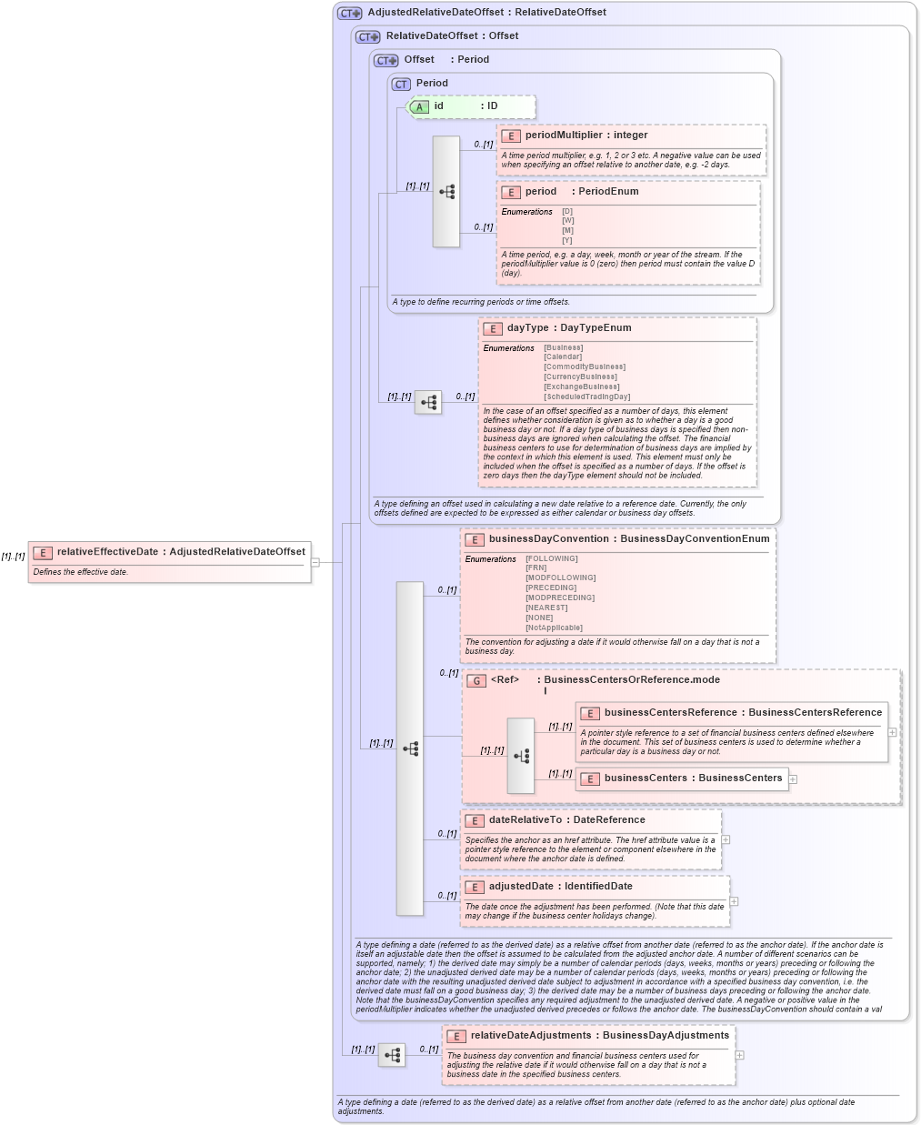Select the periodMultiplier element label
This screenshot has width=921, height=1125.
[563, 136]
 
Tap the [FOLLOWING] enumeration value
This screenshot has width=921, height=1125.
[552, 558]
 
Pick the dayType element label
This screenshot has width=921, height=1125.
[527, 328]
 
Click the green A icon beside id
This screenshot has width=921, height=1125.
[418, 106]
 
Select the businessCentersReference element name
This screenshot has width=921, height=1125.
[670, 713]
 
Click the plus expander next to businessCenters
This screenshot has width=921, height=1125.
[793, 779]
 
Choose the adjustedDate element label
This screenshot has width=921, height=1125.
[521, 887]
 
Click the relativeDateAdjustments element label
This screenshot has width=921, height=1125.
[530, 1036]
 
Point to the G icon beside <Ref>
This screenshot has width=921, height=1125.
[476, 680]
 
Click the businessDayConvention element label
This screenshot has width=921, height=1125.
[548, 539]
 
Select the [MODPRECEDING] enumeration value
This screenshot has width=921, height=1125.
[560, 598]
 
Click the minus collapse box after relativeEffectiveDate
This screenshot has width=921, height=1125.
[315, 562]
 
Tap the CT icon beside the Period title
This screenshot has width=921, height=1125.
[401, 84]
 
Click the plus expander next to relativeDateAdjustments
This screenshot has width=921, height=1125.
[739, 1055]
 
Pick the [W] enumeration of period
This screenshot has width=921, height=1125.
[567, 221]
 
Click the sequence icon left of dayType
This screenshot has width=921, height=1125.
[428, 402]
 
